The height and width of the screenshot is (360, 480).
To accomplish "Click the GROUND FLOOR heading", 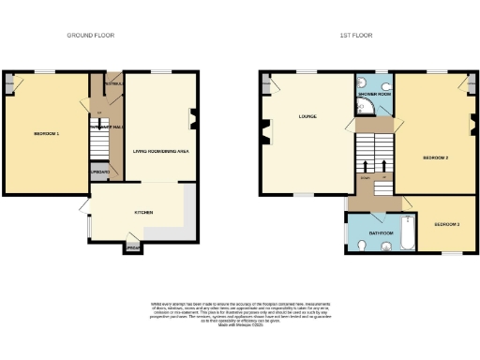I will coord(92,35).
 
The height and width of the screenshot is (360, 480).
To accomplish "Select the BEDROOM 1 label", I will coord(47,134).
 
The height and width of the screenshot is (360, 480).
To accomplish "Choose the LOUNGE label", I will coord(307,117).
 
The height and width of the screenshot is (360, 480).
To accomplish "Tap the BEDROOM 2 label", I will coord(436,157).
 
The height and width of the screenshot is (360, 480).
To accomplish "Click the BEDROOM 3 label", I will coord(446,225).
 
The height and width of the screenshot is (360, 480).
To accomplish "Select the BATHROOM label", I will coord(380,232).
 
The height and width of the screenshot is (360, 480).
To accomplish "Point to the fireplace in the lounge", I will coord(266,133).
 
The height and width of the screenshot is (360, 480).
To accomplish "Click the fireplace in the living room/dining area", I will coord(193,118).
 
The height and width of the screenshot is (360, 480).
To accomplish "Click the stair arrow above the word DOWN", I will coord(365,167).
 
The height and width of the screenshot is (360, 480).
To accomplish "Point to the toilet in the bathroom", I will coord(362,247).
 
